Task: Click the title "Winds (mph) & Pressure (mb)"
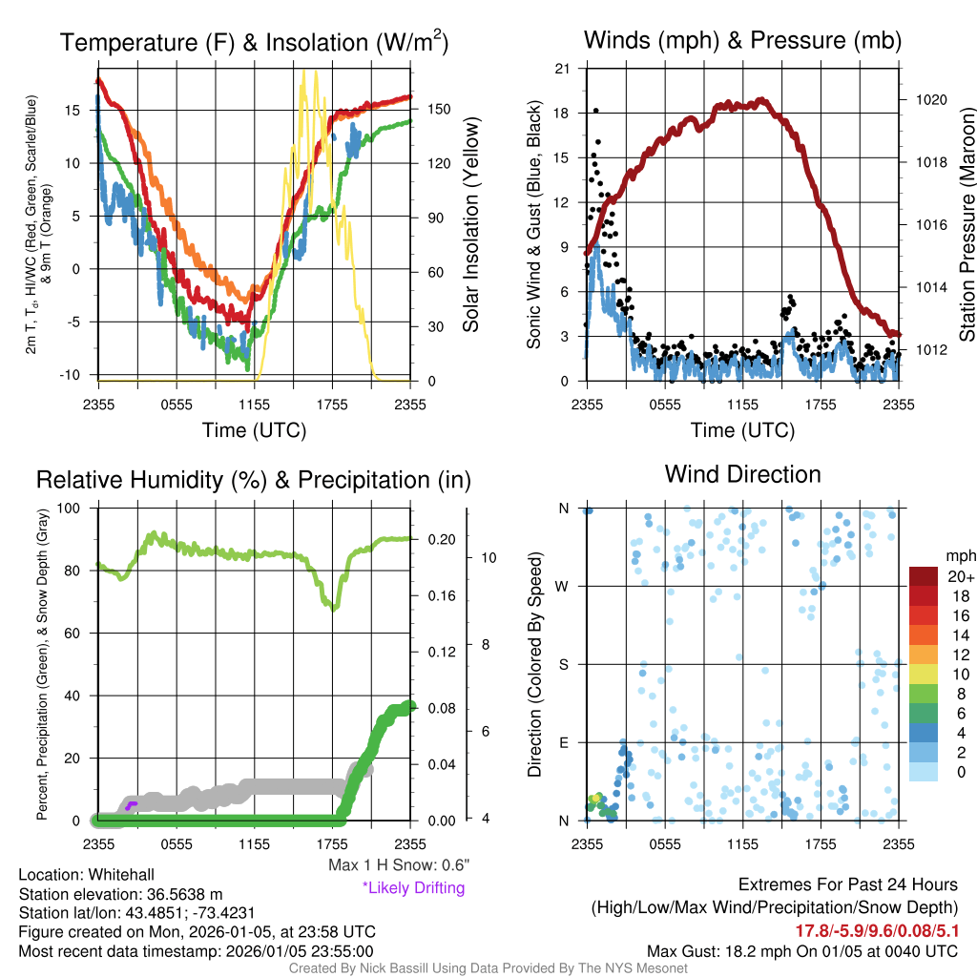[x=742, y=41]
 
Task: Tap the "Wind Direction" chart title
[x=742, y=474]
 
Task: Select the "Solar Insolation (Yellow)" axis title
[x=470, y=225]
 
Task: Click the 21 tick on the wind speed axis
[x=562, y=68]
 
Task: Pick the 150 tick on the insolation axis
[x=439, y=110]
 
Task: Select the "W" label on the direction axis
[x=562, y=587]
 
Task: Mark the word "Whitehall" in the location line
[x=119, y=875]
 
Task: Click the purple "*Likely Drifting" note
[x=413, y=888]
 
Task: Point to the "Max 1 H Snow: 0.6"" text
[x=398, y=865]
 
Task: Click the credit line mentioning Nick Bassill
[x=488, y=968]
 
